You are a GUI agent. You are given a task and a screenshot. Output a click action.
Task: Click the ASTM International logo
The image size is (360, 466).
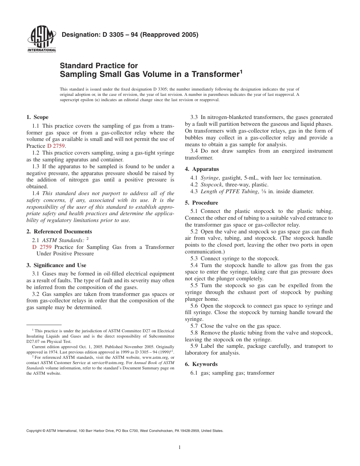click(41, 40)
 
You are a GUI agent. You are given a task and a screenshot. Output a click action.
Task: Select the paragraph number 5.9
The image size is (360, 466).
click(194, 346)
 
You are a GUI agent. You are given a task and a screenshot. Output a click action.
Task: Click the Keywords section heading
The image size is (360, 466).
click(205, 364)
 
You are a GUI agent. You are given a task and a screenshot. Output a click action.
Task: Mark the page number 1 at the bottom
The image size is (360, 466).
click(180, 447)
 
